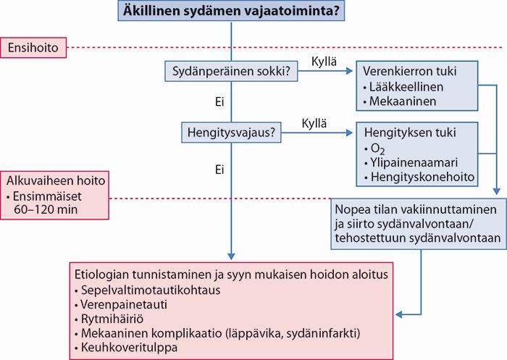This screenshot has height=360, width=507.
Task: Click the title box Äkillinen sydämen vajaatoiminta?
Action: point(231,11)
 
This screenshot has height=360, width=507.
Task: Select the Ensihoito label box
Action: point(33,48)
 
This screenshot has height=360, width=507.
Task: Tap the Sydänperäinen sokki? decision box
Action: point(231,71)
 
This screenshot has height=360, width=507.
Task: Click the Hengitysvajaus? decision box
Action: point(231,133)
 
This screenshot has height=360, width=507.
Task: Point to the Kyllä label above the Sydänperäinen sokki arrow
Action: point(324,62)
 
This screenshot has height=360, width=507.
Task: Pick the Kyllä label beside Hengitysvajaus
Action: point(314,124)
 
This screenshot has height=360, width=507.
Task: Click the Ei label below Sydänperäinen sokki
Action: point(219,102)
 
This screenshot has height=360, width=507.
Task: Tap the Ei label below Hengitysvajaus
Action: point(219,169)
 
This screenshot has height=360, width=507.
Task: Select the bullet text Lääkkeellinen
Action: point(406,87)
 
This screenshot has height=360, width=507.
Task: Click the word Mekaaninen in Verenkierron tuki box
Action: point(403,101)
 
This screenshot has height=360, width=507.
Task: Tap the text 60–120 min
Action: point(46,209)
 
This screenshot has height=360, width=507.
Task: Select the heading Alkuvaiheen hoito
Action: point(56,180)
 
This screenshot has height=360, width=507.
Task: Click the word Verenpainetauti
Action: point(124,304)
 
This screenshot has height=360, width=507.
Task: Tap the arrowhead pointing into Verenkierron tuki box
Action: point(349,71)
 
